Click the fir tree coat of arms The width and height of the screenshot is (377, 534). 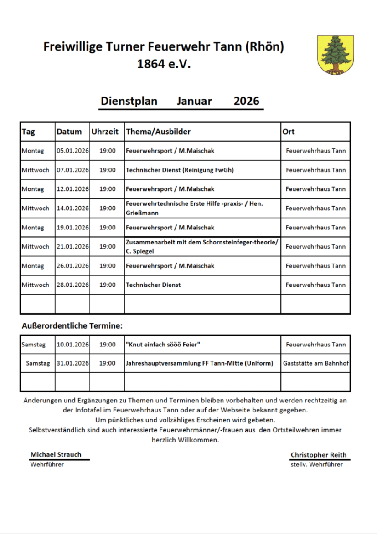336,55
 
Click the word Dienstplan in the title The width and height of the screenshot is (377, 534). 129,101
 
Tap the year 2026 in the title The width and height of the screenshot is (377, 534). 246,101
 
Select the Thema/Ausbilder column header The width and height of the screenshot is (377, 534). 158,132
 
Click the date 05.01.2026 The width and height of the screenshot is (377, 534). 72,151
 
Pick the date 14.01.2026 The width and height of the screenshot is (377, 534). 72,208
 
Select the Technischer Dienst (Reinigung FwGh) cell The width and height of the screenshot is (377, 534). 180,170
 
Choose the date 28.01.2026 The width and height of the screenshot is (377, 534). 72,285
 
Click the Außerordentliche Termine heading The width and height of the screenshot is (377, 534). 72,326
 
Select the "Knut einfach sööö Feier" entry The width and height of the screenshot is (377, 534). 163,345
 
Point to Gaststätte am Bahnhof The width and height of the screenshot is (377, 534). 316,363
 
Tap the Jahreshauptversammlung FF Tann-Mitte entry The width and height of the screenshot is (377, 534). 199,363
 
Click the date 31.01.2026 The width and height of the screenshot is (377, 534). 72,363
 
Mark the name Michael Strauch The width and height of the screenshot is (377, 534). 56,454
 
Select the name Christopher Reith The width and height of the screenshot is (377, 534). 318,454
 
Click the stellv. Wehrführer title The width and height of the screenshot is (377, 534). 316,464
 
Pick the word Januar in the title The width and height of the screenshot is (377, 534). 194,101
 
